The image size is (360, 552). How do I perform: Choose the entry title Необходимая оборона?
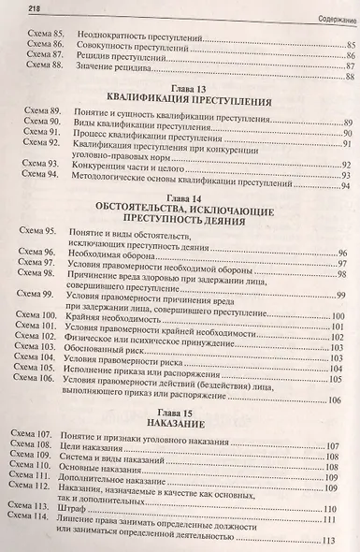pyautogui.click(x=116, y=254)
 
